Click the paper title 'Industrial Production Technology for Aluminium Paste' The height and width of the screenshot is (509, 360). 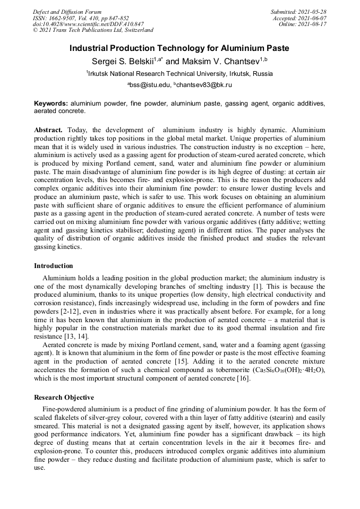(179, 48)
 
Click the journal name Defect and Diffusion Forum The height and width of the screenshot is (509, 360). (67, 12)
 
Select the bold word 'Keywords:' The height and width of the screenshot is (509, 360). (51, 103)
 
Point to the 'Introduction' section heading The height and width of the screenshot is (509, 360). (54, 266)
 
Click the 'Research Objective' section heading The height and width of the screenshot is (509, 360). (64, 398)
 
